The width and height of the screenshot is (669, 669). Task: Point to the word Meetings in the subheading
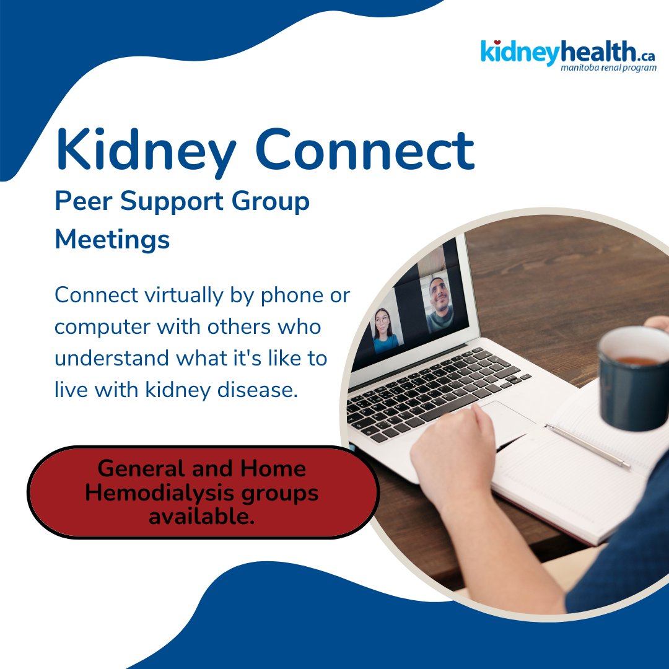click(112, 240)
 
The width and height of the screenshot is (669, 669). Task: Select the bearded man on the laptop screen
click(439, 305)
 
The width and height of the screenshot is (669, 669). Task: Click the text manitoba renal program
click(608, 68)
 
